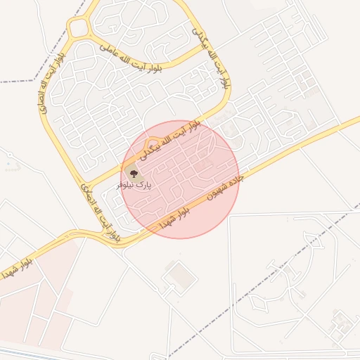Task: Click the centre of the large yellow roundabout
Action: pos(79,29)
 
